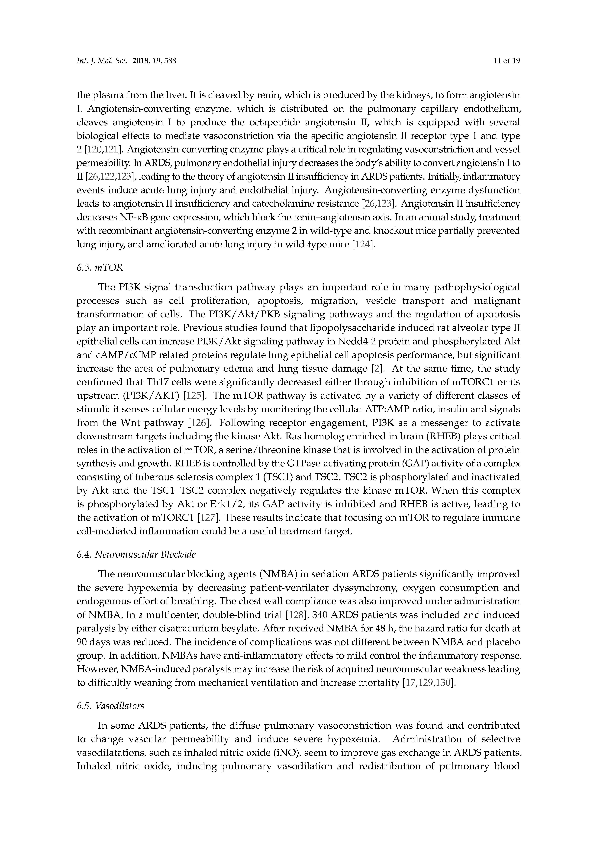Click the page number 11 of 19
tap(506, 61)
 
